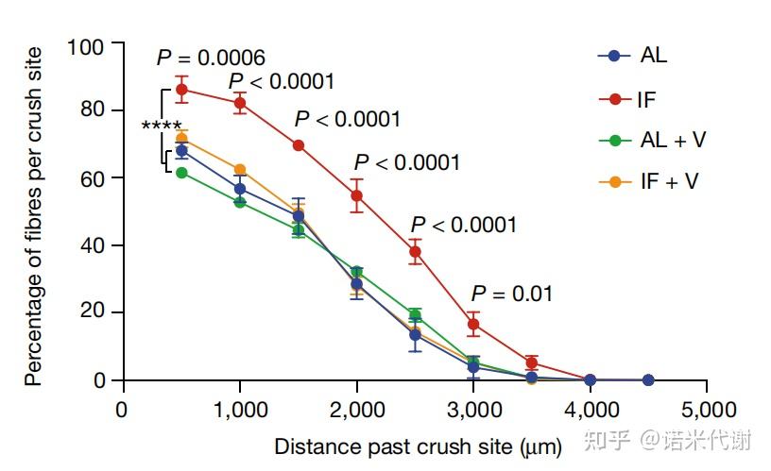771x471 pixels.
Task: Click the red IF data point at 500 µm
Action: (x=181, y=90)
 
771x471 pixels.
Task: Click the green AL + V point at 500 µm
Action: (x=181, y=173)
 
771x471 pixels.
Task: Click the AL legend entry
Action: (x=636, y=56)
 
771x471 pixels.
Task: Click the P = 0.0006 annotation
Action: (x=210, y=59)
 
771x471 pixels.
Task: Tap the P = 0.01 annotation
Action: (x=511, y=294)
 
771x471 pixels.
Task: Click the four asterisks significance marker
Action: (x=162, y=126)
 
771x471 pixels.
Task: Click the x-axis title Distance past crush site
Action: (x=418, y=445)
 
